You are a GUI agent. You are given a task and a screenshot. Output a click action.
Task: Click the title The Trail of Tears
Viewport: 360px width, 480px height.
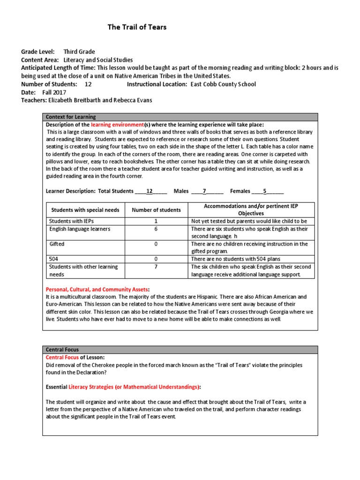click(x=137, y=27)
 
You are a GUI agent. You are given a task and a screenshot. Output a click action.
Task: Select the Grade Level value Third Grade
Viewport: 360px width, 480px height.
click(x=79, y=52)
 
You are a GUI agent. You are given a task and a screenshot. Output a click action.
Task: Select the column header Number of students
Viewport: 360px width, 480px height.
click(x=156, y=210)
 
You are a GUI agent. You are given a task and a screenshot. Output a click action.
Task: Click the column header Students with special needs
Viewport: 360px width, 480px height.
click(x=85, y=210)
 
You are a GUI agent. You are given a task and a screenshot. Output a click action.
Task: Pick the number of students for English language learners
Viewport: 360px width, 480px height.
click(x=156, y=229)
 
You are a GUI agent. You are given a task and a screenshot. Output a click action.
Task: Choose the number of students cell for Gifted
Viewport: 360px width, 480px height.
click(x=156, y=244)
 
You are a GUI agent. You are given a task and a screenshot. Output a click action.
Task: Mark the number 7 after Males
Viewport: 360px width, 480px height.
click(x=204, y=191)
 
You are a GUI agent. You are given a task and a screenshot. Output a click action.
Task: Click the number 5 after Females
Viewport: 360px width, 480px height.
click(x=264, y=191)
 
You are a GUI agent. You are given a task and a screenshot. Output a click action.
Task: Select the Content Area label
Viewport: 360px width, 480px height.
click(x=40, y=60)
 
